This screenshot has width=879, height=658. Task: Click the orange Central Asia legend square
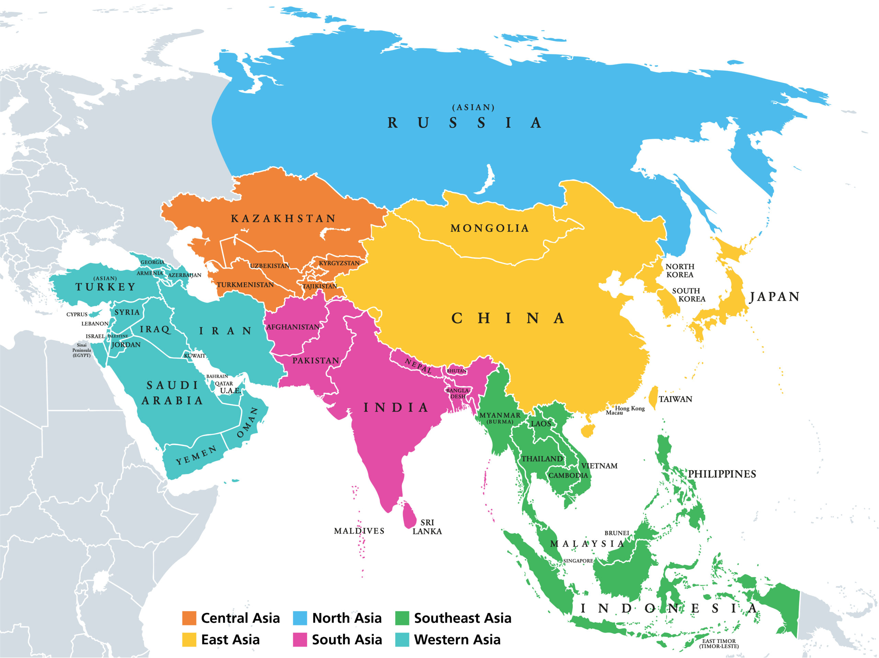189,618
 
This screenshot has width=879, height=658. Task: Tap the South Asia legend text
346,640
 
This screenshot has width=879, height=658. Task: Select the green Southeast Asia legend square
402,618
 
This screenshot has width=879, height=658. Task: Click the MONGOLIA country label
490,228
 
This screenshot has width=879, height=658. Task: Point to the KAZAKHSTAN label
283,218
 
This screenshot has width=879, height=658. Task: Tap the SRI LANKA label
427,527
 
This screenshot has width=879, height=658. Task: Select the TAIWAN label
675,399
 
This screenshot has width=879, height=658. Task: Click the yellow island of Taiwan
653,397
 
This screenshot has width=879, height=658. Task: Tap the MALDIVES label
359,531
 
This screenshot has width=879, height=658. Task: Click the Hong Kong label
630,408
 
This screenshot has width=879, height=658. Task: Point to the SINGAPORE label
578,561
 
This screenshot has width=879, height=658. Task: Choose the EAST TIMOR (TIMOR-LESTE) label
719,643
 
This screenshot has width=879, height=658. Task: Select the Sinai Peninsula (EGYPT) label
81,350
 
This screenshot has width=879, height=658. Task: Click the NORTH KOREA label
680,271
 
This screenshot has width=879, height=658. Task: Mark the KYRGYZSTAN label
339,263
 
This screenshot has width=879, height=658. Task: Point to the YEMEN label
196,455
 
